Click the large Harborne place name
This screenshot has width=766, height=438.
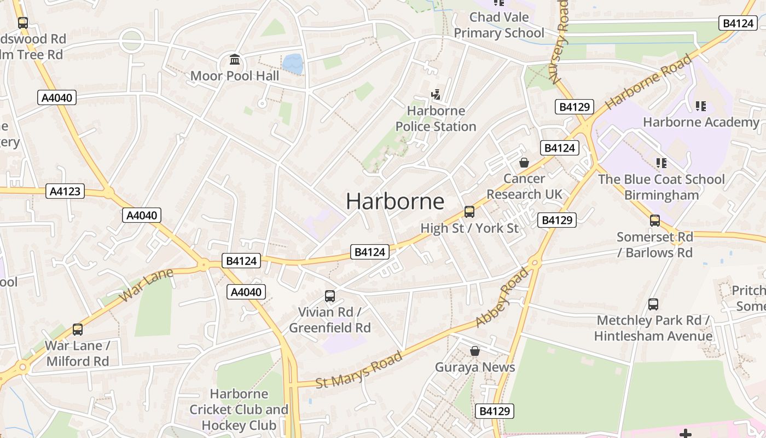point(395,201)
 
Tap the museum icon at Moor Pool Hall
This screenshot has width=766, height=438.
point(235,59)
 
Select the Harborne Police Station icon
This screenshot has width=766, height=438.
point(436,95)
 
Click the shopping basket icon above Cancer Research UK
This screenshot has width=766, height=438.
point(524,163)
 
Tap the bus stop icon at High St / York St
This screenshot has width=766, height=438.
point(469,212)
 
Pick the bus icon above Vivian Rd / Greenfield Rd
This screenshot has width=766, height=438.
point(330,296)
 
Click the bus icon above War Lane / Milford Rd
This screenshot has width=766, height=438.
point(78,330)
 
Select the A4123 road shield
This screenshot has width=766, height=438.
point(65,191)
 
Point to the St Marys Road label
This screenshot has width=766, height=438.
point(359,371)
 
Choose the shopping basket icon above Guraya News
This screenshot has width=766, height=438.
point(475,351)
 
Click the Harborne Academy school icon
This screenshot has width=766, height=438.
point(701,106)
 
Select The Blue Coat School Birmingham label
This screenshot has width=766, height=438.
point(661,187)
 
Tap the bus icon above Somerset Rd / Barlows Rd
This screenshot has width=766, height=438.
point(655,221)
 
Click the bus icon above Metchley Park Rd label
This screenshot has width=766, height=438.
point(653,304)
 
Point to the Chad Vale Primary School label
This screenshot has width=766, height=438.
point(499,25)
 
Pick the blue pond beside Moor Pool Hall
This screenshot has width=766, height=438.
point(293,64)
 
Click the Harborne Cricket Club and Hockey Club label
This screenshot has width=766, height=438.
point(239,409)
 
